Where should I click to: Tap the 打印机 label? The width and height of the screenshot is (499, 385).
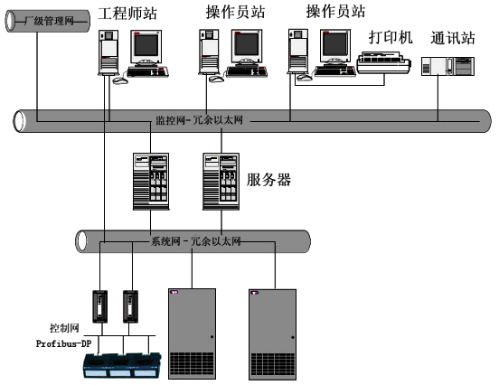(x=391, y=38)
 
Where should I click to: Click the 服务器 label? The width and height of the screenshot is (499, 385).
(x=268, y=179)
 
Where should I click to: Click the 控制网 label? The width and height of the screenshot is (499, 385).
(x=52, y=328)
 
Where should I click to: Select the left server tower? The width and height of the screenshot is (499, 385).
(x=151, y=181)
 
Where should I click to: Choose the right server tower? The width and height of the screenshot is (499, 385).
(x=219, y=181)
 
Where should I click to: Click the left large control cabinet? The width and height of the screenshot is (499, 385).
(x=192, y=331)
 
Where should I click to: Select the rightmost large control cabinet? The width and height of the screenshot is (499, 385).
(x=273, y=331)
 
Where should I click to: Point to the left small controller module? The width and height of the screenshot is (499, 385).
(x=101, y=307)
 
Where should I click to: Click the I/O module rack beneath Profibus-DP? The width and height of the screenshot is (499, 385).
(x=123, y=363)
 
